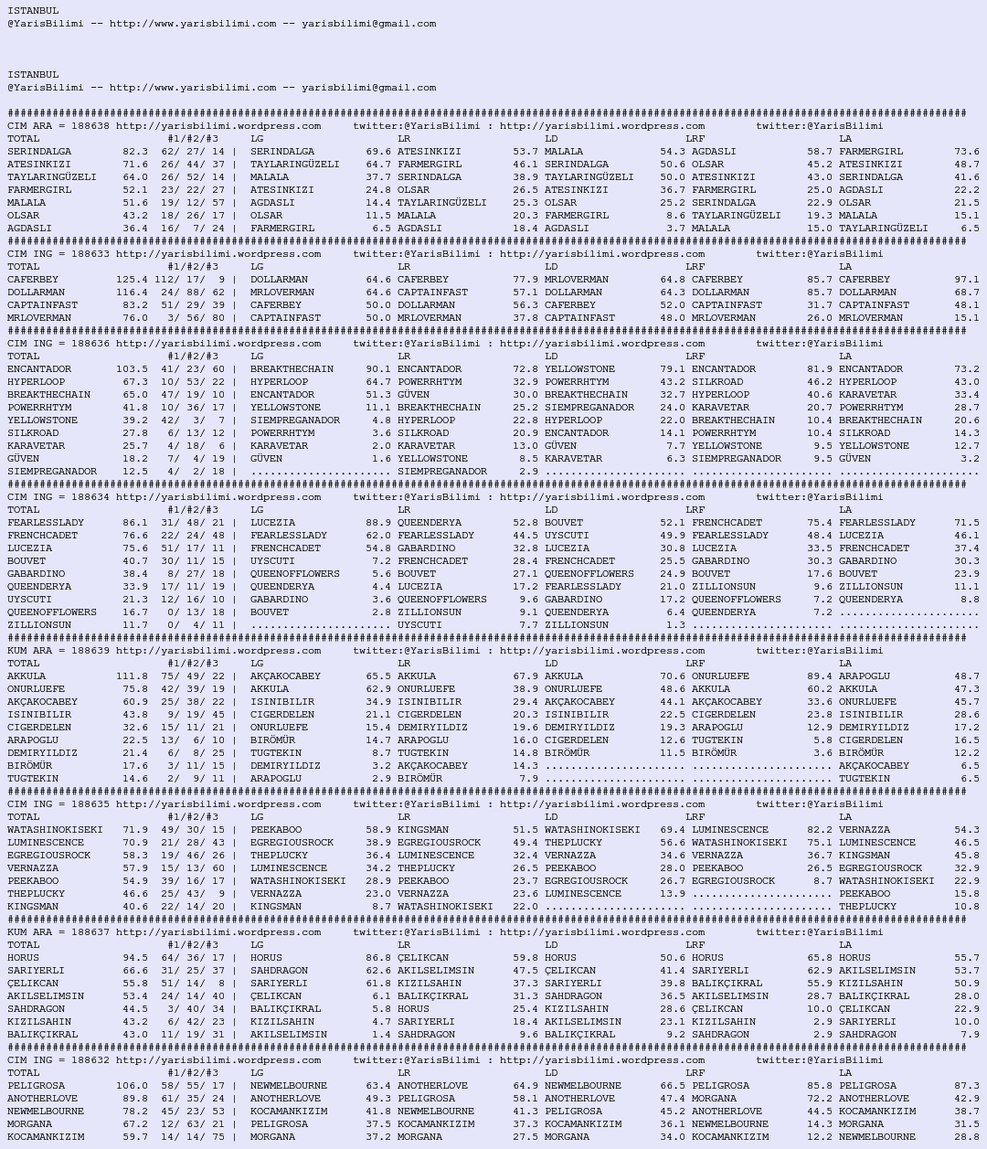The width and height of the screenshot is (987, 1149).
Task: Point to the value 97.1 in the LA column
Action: pyautogui.click(x=966, y=280)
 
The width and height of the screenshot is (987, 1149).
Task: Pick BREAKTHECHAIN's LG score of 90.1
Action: pyautogui.click(x=378, y=369)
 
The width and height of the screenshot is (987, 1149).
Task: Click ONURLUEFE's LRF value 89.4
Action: pyautogui.click(x=820, y=676)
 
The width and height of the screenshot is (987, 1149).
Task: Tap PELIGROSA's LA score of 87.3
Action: pyautogui.click(x=966, y=1086)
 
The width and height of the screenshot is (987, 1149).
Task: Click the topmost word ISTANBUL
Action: pyautogui.click(x=33, y=11)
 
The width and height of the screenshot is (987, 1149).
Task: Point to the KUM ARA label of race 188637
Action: pyautogui.click(x=33, y=932)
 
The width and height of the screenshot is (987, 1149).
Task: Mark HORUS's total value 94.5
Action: pyautogui.click(x=134, y=958)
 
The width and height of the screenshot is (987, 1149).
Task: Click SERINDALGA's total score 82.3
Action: pyautogui.click(x=134, y=152)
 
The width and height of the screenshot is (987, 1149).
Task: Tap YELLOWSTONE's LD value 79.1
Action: pyautogui.click(x=672, y=369)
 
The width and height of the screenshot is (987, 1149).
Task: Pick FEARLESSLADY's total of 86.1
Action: pyautogui.click(x=134, y=523)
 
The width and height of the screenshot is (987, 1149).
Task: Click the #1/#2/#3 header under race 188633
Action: pyautogui.click(x=192, y=267)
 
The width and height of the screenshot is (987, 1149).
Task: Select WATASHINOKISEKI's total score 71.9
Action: pyautogui.click(x=134, y=830)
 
